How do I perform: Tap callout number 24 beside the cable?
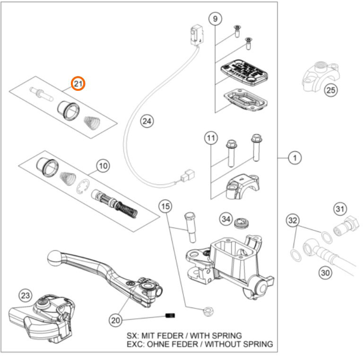tap(147, 121)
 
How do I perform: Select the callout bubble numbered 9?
tap(215, 19)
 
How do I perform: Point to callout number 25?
tap(330, 89)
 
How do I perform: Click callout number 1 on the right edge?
tap(294, 158)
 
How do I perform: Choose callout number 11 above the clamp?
tap(211, 139)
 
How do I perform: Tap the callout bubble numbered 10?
tap(103, 166)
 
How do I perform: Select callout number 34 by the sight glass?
tap(226, 219)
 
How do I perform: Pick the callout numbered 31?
tap(340, 208)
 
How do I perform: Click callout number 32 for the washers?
tap(293, 220)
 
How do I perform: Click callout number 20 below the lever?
tap(115, 321)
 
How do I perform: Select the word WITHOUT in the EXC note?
tap(227, 344)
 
